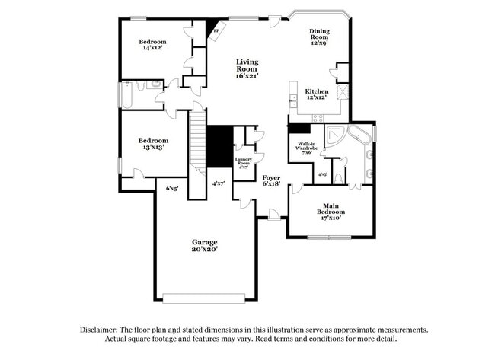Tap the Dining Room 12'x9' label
318,36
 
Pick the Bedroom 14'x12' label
152,44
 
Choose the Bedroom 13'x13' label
152,144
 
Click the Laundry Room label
243,162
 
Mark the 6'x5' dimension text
172,187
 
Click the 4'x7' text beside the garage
219,183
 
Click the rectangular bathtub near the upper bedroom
126,96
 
